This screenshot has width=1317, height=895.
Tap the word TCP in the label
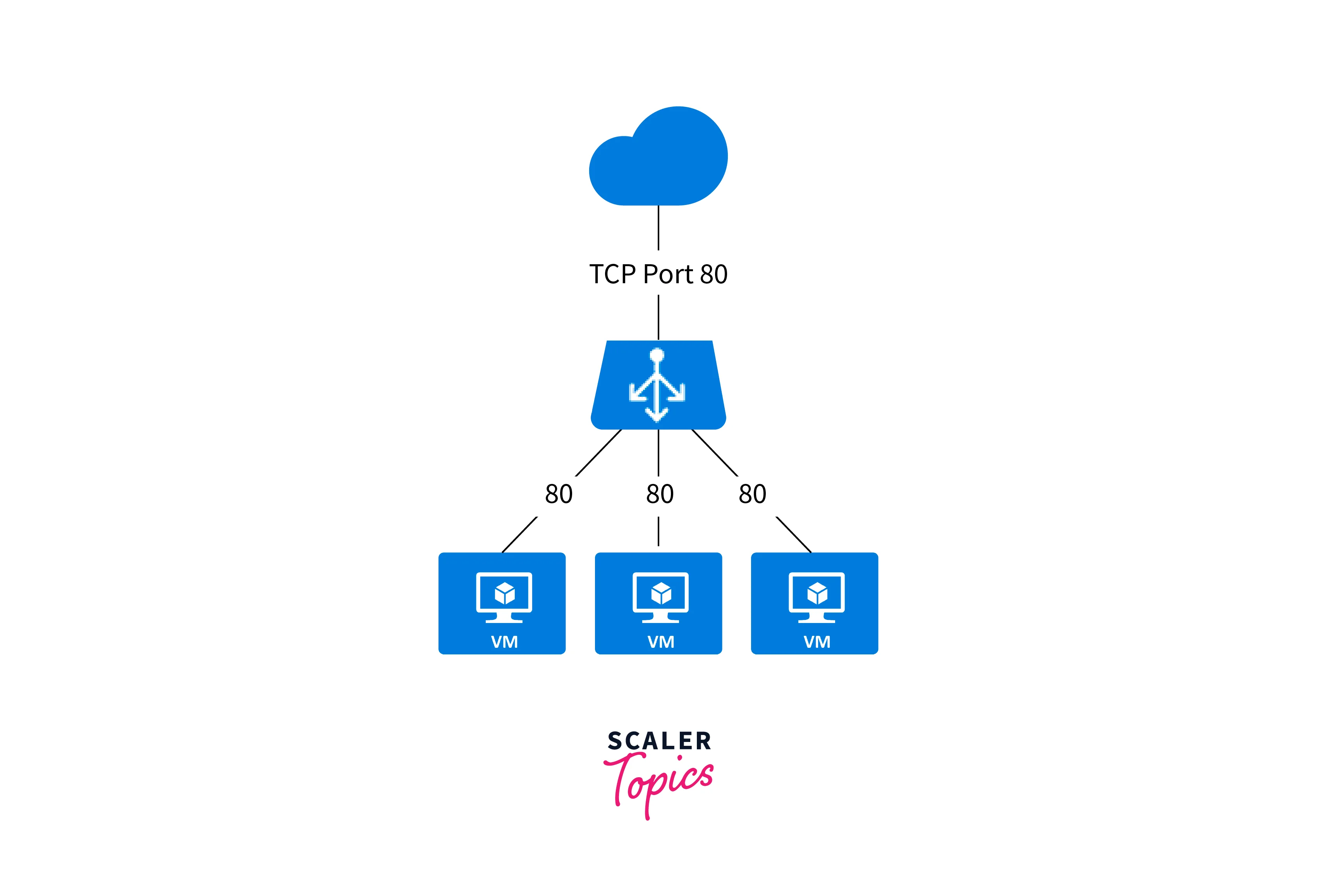[x=612, y=274]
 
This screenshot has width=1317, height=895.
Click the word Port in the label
[x=669, y=274]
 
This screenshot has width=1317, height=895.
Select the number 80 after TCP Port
[x=714, y=274]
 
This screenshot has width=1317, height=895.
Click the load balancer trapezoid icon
[x=658, y=386]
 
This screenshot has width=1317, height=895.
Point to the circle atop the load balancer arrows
[x=657, y=355]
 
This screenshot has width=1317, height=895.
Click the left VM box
[x=502, y=603]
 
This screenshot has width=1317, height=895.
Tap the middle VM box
[x=658, y=603]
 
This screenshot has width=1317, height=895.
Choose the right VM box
[x=814, y=603]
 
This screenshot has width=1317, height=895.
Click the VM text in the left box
[x=504, y=642]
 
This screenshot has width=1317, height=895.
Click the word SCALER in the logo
[x=659, y=741]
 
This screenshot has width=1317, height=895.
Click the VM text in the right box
[x=817, y=642]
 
